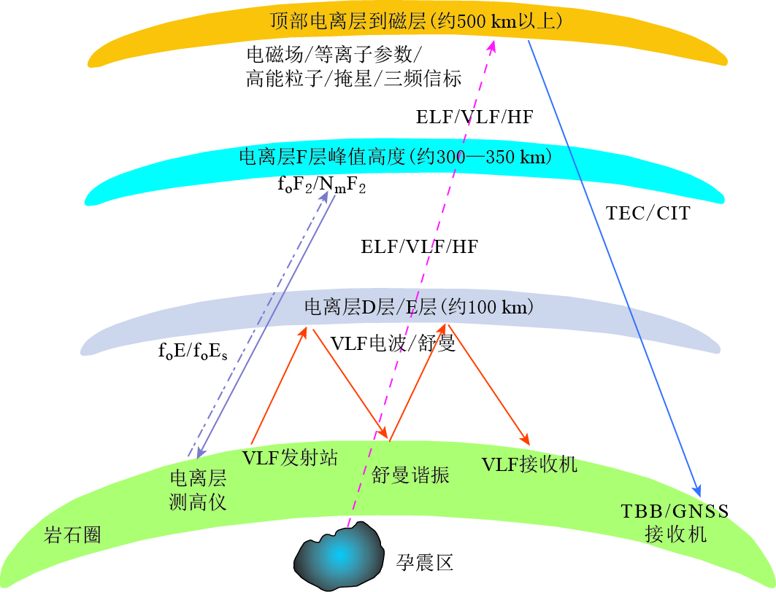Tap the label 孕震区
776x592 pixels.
425,562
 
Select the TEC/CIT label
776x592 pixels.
648,214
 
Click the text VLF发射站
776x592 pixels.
290,458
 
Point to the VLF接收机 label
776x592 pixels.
529,464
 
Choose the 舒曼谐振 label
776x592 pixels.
410,476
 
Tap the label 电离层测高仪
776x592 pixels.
199,490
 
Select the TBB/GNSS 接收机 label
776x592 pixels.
675,522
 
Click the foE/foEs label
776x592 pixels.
193,351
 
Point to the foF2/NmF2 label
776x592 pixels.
321,185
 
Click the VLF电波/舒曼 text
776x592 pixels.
393,343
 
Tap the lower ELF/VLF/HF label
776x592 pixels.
419,246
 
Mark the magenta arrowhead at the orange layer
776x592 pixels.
492,46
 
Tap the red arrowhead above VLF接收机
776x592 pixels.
525,439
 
